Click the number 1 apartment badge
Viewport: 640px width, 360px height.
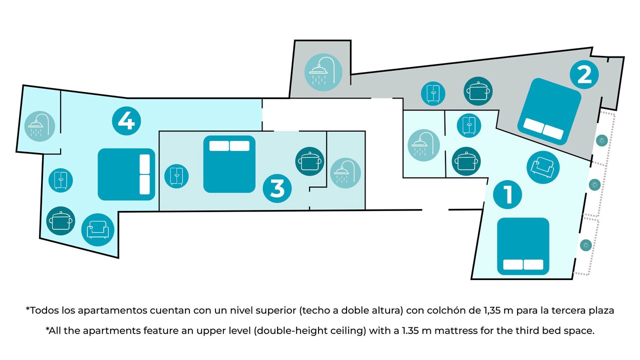click(x=507, y=194)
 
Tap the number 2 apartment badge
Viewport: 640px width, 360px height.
click(x=584, y=74)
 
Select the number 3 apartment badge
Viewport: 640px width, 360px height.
click(x=277, y=188)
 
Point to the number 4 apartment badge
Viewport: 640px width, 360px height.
click(x=126, y=121)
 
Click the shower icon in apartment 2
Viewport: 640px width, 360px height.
click(x=323, y=72)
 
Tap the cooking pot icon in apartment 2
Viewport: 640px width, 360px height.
click(x=478, y=91)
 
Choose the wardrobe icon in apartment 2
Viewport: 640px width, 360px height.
click(x=433, y=93)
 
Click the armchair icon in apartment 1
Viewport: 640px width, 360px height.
click(x=543, y=167)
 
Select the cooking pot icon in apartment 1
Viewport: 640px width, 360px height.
click(x=466, y=161)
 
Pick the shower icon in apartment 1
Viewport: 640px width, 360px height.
click(x=423, y=145)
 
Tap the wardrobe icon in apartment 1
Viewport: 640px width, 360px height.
click(x=469, y=125)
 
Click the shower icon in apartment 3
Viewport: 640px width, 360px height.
click(x=345, y=173)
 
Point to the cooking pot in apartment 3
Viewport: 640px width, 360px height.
click(x=309, y=161)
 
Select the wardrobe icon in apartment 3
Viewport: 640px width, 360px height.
click(x=176, y=176)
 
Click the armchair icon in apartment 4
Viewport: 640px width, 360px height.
click(x=97, y=229)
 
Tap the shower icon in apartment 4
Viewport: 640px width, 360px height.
click(x=39, y=126)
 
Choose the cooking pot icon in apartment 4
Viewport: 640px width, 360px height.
click(x=61, y=221)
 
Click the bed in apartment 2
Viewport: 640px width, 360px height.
click(x=549, y=111)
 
